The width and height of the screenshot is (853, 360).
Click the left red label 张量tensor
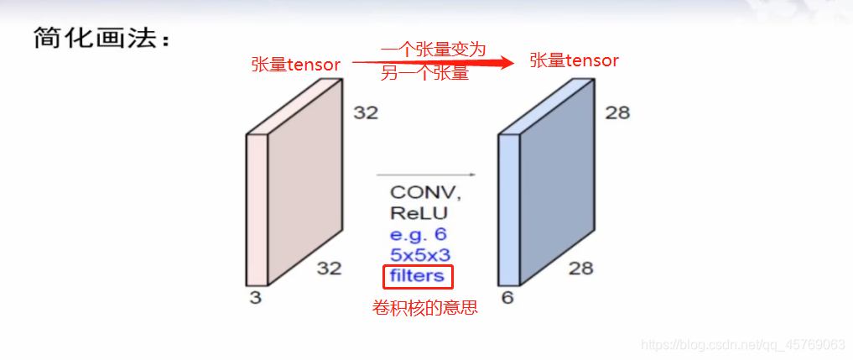tap(296, 65)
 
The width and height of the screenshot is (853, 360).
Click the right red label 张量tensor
tap(575, 60)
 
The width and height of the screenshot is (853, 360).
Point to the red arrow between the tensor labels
tap(432, 62)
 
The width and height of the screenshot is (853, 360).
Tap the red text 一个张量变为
tap(433, 50)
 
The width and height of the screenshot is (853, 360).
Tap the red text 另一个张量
tap(424, 74)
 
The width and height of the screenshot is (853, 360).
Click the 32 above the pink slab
tap(366, 112)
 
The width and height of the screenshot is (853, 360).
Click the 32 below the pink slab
tap(330, 269)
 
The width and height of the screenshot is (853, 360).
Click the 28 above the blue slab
tap(616, 112)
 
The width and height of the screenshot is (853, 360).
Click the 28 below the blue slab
tap(580, 269)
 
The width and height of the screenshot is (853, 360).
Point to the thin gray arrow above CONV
tap(425, 175)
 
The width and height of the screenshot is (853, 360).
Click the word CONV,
tap(425, 193)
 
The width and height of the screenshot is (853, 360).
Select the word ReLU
tap(419, 214)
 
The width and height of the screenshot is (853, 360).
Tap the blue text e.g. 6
tap(419, 235)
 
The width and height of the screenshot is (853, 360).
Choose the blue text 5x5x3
tap(419, 255)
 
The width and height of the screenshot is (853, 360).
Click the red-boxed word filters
tap(417, 276)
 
